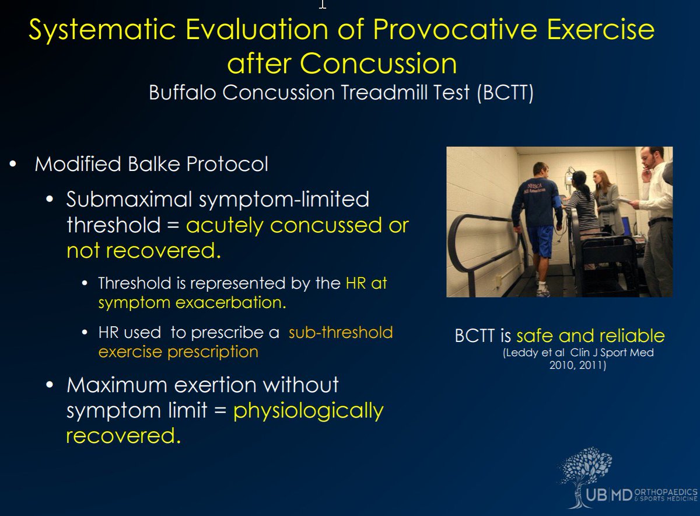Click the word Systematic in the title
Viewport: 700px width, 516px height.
[102, 30]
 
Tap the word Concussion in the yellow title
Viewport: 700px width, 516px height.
[378, 64]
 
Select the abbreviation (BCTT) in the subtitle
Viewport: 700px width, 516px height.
[505, 93]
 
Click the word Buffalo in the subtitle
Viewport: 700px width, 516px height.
[182, 93]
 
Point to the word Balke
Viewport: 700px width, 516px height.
[153, 164]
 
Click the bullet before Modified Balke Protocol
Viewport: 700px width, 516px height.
[13, 164]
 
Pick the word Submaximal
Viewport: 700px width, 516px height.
[129, 199]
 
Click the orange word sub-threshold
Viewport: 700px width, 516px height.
[341, 332]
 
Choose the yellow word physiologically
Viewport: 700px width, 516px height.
[308, 411]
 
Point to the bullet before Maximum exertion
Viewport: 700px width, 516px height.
[50, 385]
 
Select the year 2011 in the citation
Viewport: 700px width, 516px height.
[592, 365]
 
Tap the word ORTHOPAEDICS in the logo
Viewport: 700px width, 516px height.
[666, 492]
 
